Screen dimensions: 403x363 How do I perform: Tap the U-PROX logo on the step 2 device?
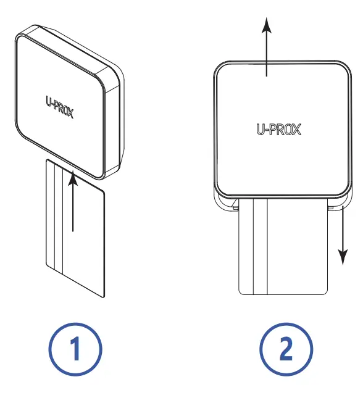[280, 130]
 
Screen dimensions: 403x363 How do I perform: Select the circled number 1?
[75, 350]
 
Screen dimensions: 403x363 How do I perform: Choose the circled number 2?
[286, 350]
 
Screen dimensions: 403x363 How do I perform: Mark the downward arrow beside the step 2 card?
[341, 235]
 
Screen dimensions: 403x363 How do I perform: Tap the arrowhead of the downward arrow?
[341, 257]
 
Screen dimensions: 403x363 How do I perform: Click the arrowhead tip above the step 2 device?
[266, 20]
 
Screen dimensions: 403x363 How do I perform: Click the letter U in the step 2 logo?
[261, 130]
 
